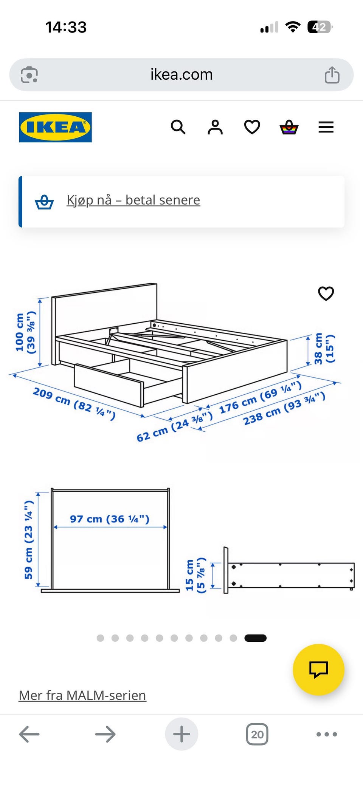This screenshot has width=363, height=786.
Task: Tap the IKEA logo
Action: [55, 127]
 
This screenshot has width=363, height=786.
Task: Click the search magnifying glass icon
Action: [178, 127]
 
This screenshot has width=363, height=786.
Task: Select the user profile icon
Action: [215, 127]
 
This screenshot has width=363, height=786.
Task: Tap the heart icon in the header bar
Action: [252, 127]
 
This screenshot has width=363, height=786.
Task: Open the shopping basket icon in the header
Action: [289, 127]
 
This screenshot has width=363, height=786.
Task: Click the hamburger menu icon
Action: [326, 127]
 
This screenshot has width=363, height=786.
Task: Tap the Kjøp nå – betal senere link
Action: [133, 200]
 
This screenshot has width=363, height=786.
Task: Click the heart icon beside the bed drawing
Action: [326, 293]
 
